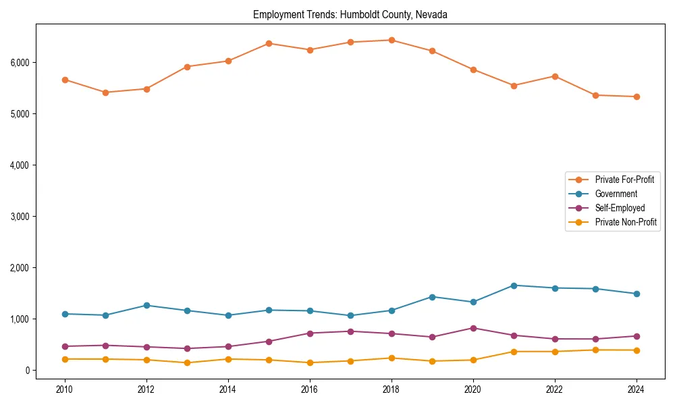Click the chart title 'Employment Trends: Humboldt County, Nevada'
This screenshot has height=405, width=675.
[x=350, y=14]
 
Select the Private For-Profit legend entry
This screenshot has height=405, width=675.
[x=624, y=180]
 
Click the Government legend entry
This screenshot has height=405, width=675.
[x=616, y=194]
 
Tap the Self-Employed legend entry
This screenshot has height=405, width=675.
[x=620, y=208]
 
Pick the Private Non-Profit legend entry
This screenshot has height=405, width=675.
[x=626, y=222]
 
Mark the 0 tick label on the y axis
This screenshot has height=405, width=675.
[x=27, y=371]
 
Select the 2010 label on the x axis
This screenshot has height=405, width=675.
[x=65, y=389]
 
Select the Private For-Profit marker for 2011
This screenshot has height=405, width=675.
[x=105, y=92]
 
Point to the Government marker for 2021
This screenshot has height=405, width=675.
[x=514, y=286]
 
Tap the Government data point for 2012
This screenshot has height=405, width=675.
[x=146, y=305]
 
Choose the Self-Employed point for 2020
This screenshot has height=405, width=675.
[x=473, y=328]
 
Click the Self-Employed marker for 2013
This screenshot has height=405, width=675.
[x=187, y=348]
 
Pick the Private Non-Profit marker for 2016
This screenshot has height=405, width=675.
[x=310, y=362]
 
